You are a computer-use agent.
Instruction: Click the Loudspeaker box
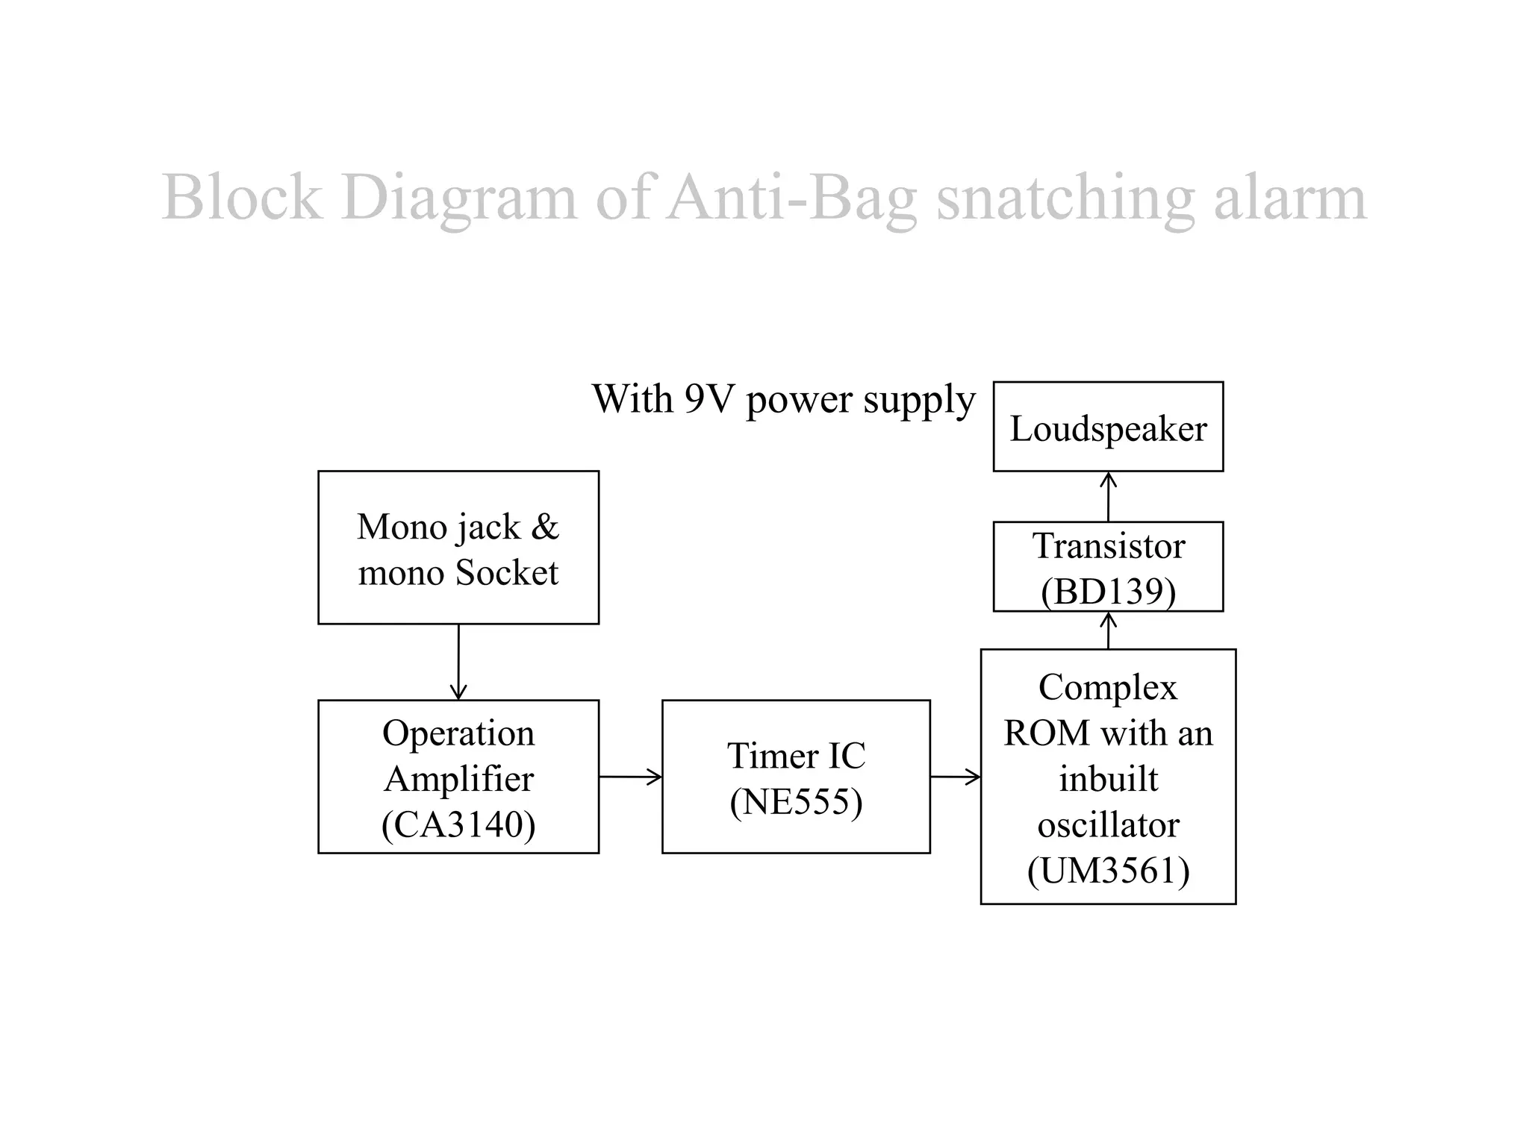1108,427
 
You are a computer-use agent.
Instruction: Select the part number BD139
1108,592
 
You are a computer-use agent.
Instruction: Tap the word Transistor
1108,546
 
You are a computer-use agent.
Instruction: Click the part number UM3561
1108,871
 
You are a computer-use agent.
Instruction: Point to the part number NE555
796,802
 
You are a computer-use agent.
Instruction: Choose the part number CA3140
458,824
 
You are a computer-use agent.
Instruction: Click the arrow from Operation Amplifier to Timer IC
630,777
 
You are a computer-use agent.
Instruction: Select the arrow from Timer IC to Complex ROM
955,777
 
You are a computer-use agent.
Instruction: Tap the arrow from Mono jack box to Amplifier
458,662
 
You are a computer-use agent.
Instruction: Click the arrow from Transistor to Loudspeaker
1109,496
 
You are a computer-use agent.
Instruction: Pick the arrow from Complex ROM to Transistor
1109,630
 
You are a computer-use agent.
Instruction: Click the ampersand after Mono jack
545,527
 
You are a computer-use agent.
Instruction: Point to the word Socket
506,573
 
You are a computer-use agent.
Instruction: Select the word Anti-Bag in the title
791,197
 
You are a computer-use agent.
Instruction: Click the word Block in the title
242,197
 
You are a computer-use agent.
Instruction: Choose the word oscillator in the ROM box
1108,825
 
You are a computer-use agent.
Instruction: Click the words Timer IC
796,756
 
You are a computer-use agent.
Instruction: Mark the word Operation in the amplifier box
458,733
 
